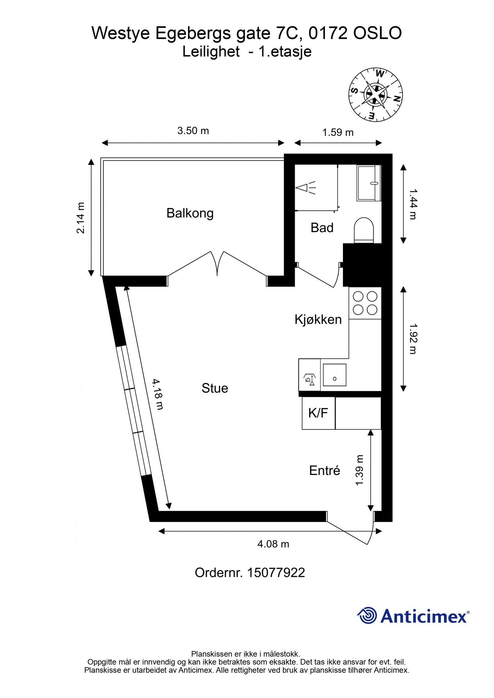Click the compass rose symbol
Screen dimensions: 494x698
[x=376, y=94]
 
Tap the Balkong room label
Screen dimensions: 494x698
[x=190, y=213]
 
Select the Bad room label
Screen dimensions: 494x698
[x=322, y=228]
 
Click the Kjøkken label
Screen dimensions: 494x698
[x=318, y=320]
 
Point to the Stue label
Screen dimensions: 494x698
[x=215, y=388]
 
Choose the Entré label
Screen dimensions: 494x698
[x=325, y=471]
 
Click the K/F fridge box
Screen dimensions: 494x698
[x=318, y=413]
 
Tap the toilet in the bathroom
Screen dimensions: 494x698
[x=364, y=230]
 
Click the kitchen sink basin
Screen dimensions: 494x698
[x=334, y=375]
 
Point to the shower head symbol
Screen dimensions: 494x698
[x=305, y=188]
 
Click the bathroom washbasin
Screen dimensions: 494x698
[x=369, y=183]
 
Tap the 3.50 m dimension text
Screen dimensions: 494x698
[x=193, y=131]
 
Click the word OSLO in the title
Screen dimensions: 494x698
[x=377, y=33]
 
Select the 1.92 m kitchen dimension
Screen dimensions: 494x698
[x=412, y=339]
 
